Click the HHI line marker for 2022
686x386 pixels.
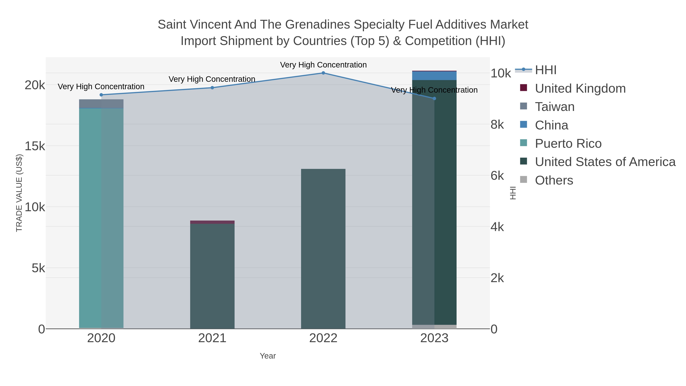click(x=323, y=73)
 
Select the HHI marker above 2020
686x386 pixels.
click(x=101, y=95)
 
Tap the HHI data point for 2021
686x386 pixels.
click(x=212, y=88)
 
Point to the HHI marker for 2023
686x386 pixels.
click(x=434, y=99)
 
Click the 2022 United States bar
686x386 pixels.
click(x=323, y=248)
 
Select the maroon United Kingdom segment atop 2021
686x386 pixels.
click(x=212, y=222)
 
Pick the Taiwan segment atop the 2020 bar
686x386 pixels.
click(x=101, y=104)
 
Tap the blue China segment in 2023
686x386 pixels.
click(x=434, y=76)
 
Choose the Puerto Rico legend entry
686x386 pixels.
click(x=568, y=144)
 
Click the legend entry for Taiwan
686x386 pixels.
click(x=555, y=107)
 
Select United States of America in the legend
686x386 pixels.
click(x=605, y=162)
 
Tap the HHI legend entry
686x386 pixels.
click(x=546, y=70)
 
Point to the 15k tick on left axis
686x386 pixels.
click(x=35, y=146)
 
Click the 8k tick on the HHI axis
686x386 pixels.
click(x=497, y=125)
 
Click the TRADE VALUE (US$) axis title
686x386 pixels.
click(x=19, y=193)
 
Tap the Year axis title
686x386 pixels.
click(x=268, y=356)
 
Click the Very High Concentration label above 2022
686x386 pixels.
click(x=323, y=65)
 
